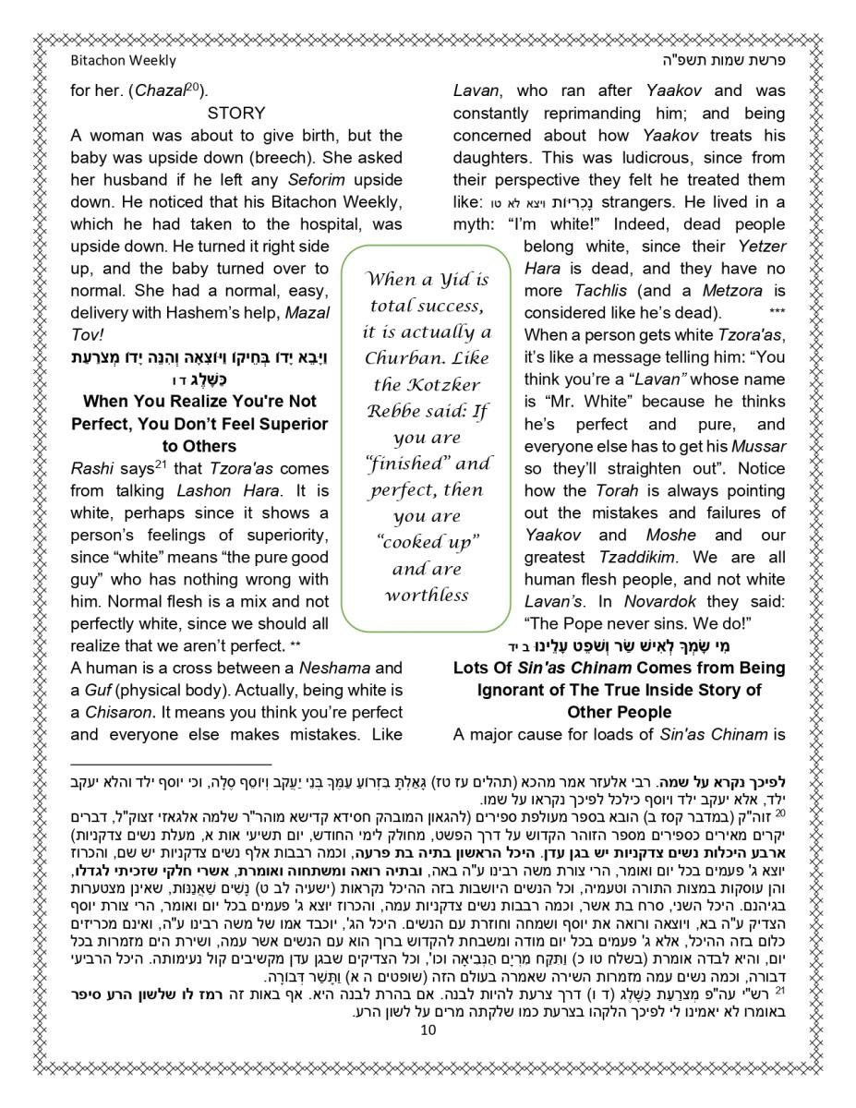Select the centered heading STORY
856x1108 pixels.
pos(235,114)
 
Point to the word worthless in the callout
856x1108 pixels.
pos(427,596)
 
